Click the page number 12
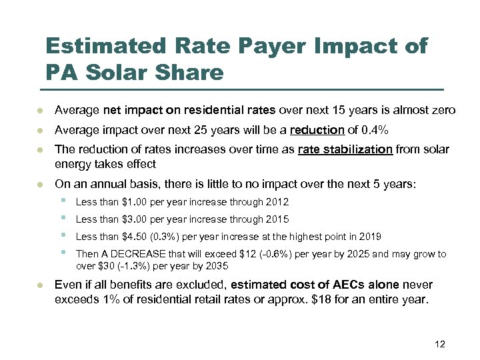439,344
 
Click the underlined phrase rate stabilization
345,149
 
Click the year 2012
277,202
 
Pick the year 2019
370,237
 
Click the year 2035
218,265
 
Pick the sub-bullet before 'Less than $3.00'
63,218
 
